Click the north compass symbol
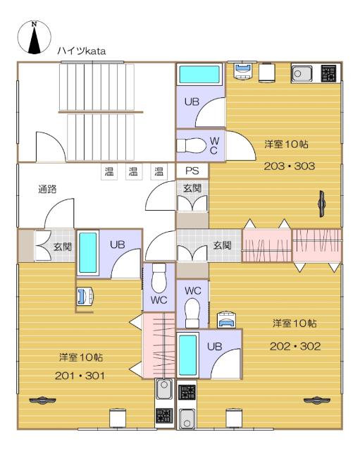coord(35,37)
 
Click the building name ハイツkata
coord(82,51)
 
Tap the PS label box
coord(192,171)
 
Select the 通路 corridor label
coord(47,190)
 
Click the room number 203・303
coord(290,166)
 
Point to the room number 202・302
coord(295,346)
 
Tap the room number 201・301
coord(80,376)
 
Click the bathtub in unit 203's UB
coord(199,74)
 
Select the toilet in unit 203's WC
coord(191,146)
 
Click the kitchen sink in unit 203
coord(302,73)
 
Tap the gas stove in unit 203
coord(329,73)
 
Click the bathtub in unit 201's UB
coord(87,253)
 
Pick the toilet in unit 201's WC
coord(159,278)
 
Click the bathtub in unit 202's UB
coord(188,354)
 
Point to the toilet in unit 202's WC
coord(192,313)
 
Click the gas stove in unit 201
coord(164,415)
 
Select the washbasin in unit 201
coord(85,296)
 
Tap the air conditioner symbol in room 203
coord(321,204)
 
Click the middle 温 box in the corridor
coord(133,171)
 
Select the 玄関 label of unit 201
coord(63,247)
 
